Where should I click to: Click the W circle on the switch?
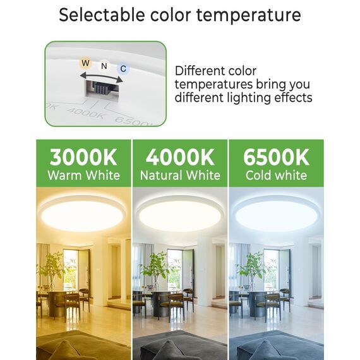point(85,64)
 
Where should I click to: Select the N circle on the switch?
point(104,66)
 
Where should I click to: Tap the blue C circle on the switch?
point(123,68)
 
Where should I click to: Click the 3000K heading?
point(83,157)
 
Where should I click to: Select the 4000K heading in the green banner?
point(180,157)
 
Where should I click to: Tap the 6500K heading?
point(276,157)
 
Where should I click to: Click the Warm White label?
point(83,175)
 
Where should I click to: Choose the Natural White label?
point(180,175)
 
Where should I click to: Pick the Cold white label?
point(276,175)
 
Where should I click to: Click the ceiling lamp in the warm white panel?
point(83,213)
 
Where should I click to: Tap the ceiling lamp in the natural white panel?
point(180,213)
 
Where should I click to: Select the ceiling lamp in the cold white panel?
point(276,213)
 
